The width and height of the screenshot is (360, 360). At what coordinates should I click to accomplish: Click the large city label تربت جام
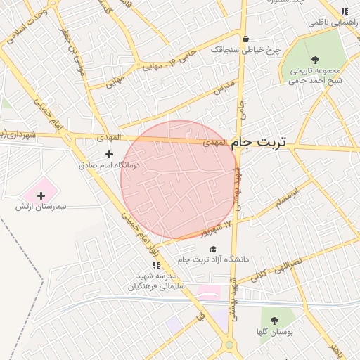tap(259, 142)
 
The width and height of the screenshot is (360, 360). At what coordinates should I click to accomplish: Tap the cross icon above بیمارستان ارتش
tap(40, 195)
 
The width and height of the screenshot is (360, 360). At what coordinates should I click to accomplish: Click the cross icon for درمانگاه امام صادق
tap(109, 153)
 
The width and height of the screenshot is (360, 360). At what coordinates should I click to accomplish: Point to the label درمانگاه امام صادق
tap(109, 165)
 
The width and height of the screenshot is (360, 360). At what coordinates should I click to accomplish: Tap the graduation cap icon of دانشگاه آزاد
tap(213, 249)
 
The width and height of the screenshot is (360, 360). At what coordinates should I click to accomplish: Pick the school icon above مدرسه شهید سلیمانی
tap(156, 265)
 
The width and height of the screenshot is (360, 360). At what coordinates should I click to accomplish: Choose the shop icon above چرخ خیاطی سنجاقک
tap(245, 39)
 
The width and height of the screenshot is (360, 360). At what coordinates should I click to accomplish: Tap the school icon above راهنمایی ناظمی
tap(344, 12)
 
